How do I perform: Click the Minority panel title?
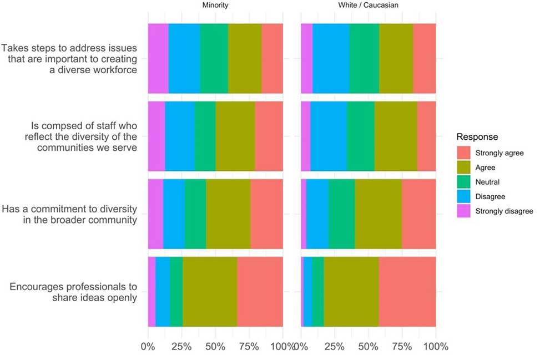[x=215, y=5]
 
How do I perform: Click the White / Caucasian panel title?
[x=368, y=5]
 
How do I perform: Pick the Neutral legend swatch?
[x=463, y=182]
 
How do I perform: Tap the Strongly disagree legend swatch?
[x=463, y=211]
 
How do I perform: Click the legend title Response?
[x=477, y=136]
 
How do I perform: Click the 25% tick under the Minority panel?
[x=181, y=347]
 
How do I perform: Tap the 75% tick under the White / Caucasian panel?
[x=402, y=347]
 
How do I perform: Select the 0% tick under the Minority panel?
[x=148, y=347]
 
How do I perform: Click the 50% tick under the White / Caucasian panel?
[x=368, y=347]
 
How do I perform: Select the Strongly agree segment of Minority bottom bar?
[x=260, y=292]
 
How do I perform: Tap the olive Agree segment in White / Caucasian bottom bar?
[x=351, y=292]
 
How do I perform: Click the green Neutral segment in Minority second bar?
[x=205, y=136]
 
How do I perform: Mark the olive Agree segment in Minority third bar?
[x=228, y=214]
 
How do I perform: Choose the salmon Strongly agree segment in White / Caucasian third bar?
[x=418, y=214]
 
